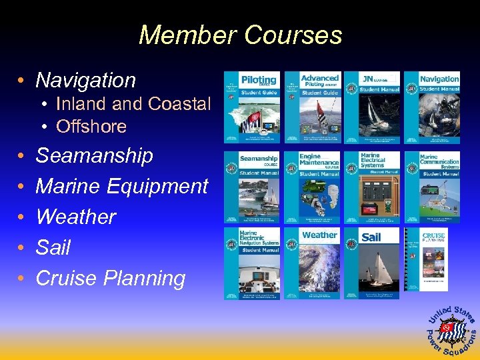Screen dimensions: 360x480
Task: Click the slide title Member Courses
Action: pyautogui.click(x=240, y=35)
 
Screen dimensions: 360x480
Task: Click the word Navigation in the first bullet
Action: pyautogui.click(x=85, y=81)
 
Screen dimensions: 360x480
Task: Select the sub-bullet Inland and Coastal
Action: pyautogui.click(x=133, y=104)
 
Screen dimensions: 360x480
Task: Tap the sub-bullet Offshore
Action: pyautogui.click(x=91, y=126)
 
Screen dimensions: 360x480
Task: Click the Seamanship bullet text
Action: pyautogui.click(x=94, y=156)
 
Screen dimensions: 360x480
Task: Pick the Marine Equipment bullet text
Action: pyautogui.click(x=121, y=187)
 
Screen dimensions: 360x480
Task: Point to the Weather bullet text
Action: pyautogui.click(x=75, y=217)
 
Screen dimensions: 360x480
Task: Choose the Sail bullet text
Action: pyautogui.click(x=53, y=248)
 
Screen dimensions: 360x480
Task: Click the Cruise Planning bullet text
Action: pyautogui.click(x=110, y=278)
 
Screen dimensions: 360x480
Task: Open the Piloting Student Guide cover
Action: pyautogui.click(x=251, y=107)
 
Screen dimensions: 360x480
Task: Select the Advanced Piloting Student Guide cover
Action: pyautogui.click(x=313, y=107)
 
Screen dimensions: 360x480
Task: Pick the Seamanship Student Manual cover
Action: pyautogui.click(x=251, y=187)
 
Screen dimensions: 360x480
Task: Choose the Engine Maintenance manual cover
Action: pyautogui.click(x=313, y=187)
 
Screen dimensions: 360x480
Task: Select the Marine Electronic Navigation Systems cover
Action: pyautogui.click(x=251, y=263)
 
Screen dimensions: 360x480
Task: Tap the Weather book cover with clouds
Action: pyautogui.click(x=313, y=263)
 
